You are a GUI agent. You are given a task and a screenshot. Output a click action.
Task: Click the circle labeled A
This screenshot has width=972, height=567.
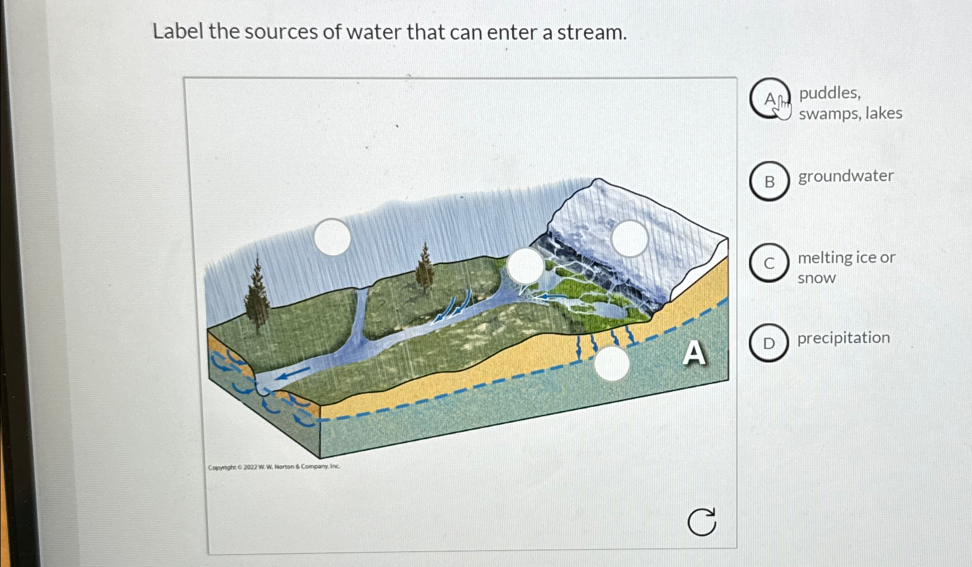point(769,99)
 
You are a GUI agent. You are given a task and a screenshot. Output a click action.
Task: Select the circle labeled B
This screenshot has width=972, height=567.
point(769,181)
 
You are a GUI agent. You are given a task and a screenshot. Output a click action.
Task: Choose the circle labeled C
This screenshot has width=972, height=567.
point(769,263)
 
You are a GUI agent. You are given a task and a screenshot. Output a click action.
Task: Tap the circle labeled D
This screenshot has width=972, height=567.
point(769,343)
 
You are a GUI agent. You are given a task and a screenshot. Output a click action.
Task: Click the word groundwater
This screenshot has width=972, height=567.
point(845,177)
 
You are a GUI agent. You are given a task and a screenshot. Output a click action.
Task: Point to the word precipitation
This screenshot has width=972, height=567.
point(843,338)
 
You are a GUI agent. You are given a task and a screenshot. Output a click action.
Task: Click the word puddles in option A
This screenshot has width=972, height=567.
point(829,93)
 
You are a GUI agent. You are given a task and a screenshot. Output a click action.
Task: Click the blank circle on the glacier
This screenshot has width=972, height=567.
point(630,239)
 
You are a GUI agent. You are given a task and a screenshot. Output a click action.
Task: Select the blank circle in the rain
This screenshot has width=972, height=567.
point(332,237)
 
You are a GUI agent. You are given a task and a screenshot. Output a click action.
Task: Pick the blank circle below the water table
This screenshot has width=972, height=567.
point(611,363)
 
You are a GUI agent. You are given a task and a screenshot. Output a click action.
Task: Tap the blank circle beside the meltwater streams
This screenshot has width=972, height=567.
point(525,265)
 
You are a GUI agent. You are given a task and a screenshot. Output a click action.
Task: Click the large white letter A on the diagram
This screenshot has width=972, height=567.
point(694,353)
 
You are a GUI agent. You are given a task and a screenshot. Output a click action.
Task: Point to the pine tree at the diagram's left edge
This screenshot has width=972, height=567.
point(257,295)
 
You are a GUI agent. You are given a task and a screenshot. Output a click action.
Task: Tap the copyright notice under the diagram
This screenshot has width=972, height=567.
point(274,467)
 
